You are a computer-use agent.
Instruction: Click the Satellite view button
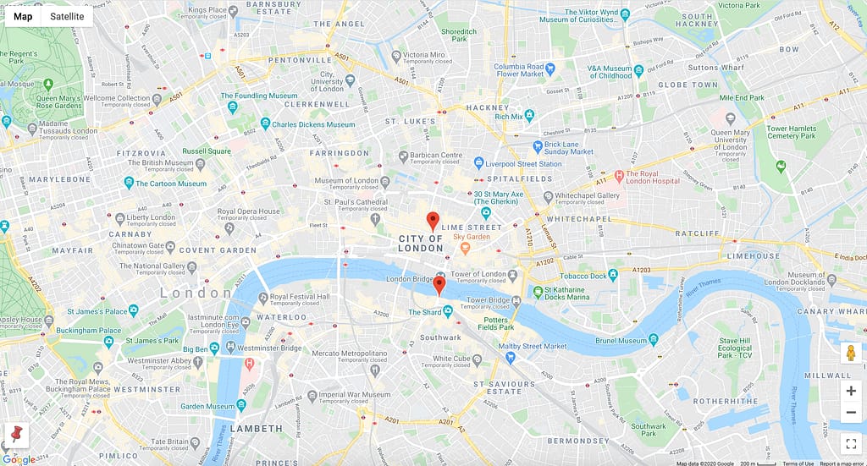coord(67,16)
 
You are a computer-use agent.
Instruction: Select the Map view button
coord(23,16)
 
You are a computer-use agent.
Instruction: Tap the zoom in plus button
coord(851,391)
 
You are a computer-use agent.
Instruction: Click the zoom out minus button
coord(851,413)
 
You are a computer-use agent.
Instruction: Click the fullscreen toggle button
coord(851,443)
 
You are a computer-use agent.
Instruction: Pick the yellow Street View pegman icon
coord(851,354)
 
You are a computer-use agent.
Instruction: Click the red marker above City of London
coord(433,222)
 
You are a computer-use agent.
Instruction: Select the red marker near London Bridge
coord(439,285)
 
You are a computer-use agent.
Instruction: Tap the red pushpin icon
coord(14,436)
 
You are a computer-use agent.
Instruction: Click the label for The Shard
coord(425,313)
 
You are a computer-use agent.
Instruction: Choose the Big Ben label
coord(196,348)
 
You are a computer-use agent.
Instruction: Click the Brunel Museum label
coord(621,340)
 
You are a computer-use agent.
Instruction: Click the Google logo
coord(19,459)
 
